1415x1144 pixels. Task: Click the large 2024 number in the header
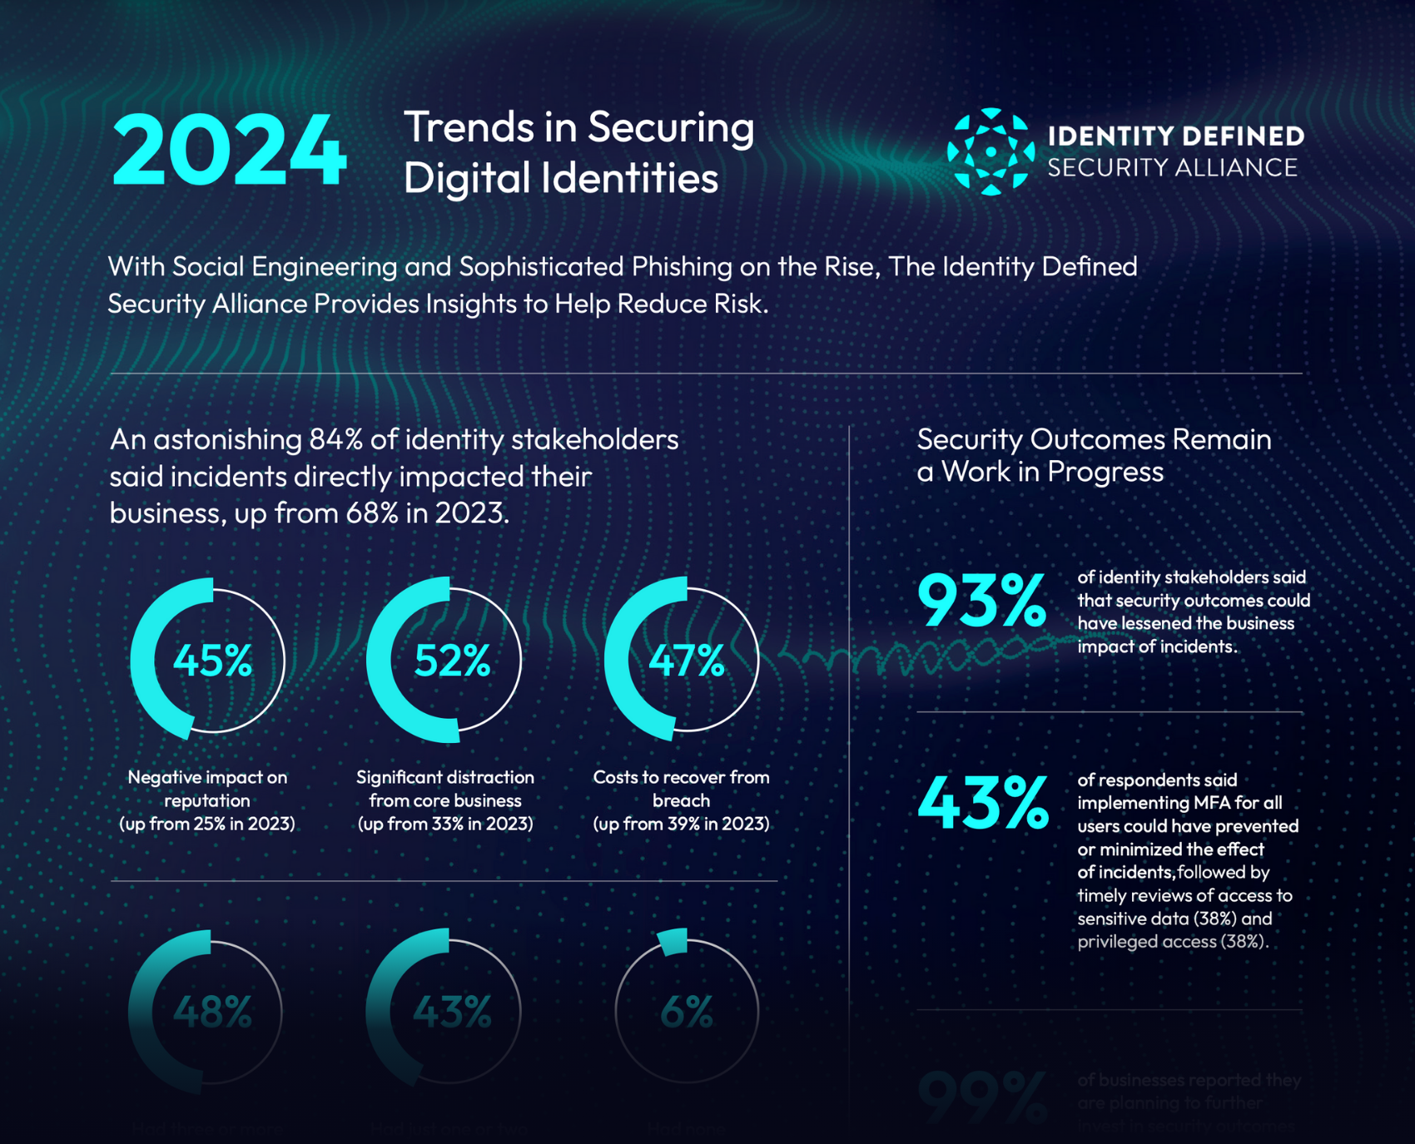point(229,151)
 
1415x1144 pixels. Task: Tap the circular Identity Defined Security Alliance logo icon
point(990,151)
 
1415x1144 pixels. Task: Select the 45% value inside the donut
point(212,661)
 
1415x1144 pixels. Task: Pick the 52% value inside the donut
point(452,661)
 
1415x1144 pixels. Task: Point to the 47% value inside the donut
point(687,661)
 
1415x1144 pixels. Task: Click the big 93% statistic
point(981,601)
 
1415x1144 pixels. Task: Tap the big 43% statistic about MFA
point(982,804)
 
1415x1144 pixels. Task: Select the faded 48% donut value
point(212,1012)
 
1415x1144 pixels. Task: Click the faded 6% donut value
point(686,1012)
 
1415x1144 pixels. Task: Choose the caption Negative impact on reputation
point(207,789)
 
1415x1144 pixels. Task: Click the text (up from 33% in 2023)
point(445,824)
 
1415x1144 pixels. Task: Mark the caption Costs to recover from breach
point(681,789)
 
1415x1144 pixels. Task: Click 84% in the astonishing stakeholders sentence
point(336,439)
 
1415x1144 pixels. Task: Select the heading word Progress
point(1105,473)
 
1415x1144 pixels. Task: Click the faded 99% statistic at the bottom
point(981,1098)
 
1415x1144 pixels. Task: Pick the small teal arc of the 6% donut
point(673,941)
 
